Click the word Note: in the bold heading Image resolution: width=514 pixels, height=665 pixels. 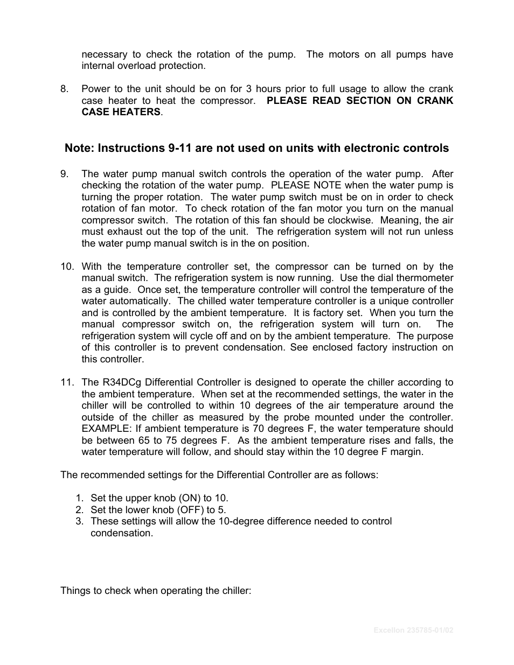(x=80, y=148)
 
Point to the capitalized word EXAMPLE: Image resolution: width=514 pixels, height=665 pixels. (x=105, y=429)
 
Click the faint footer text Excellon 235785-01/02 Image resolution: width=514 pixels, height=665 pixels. (x=413, y=630)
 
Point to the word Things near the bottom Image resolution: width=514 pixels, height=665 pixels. (x=75, y=591)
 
